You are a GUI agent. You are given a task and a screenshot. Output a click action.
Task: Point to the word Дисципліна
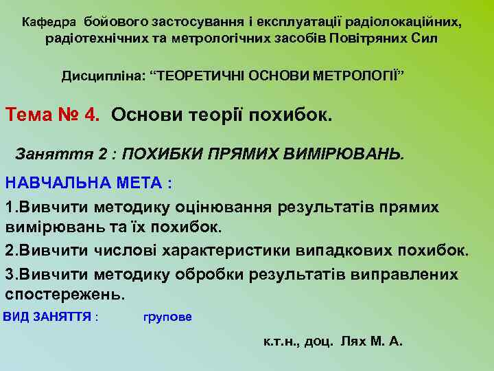coord(102,74)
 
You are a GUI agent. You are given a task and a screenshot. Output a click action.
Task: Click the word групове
coord(167,317)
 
